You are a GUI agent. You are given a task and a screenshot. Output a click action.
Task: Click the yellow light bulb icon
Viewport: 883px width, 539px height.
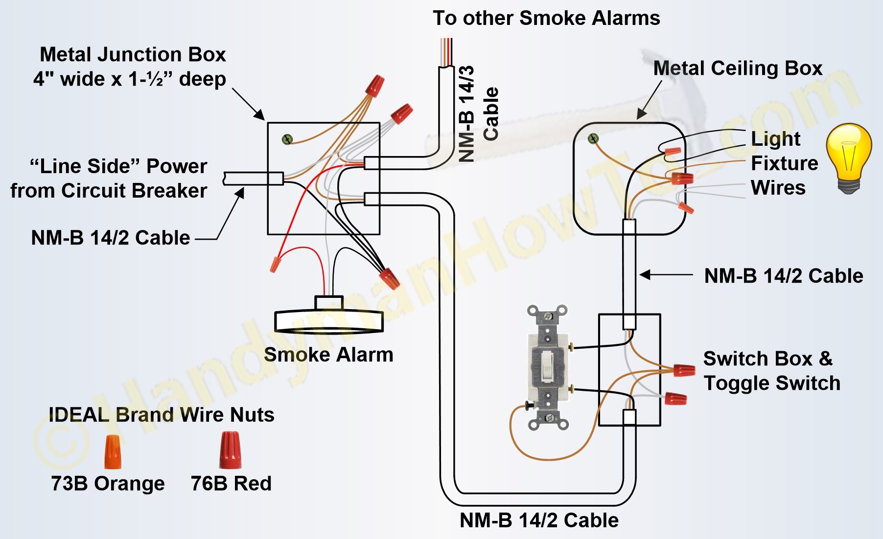point(849,157)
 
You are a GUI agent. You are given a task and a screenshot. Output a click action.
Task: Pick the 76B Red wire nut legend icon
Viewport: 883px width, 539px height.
point(230,450)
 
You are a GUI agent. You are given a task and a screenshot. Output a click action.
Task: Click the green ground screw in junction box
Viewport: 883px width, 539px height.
point(287,140)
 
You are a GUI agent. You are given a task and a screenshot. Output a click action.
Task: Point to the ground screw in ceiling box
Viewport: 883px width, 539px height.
point(593,139)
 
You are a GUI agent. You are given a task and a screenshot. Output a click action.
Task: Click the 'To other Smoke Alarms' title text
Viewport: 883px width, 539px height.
point(546,18)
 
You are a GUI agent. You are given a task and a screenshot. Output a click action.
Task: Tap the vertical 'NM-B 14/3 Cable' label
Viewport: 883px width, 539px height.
point(477,113)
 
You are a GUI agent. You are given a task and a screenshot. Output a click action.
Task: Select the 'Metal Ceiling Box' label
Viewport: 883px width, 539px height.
point(738,68)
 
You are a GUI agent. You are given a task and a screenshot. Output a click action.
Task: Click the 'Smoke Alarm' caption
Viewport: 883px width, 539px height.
point(328,355)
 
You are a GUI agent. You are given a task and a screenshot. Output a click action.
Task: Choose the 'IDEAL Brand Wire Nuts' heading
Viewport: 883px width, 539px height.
point(162,415)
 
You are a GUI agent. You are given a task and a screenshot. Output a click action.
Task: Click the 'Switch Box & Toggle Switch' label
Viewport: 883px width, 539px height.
point(771,371)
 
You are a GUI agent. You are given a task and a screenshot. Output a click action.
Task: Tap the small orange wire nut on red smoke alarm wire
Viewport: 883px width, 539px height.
point(275,264)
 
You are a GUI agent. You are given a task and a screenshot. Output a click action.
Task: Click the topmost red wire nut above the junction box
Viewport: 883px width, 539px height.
point(374,86)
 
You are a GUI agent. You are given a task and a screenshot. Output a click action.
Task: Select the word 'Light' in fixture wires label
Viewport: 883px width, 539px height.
point(775,139)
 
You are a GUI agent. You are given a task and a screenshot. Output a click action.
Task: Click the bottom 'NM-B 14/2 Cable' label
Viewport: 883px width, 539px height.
point(539,520)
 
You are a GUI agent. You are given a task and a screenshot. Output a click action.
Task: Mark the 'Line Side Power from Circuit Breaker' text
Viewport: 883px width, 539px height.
point(109,179)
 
